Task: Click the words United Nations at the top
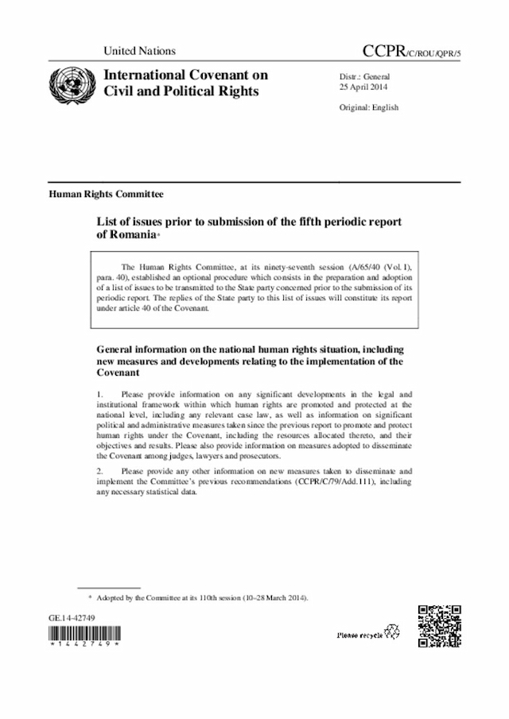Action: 139,51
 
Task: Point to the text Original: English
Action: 369,107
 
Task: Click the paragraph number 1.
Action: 99,394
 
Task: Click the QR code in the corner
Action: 440,626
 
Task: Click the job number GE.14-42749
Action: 72,617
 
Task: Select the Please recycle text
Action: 359,636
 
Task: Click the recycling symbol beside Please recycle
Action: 392,634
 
